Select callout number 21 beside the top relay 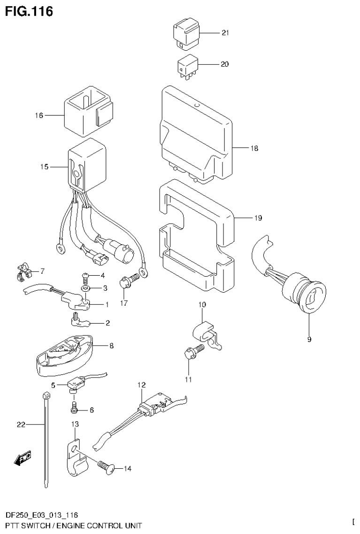click(x=225, y=33)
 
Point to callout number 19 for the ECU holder click(x=258, y=218)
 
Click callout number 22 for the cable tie click(x=20, y=425)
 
